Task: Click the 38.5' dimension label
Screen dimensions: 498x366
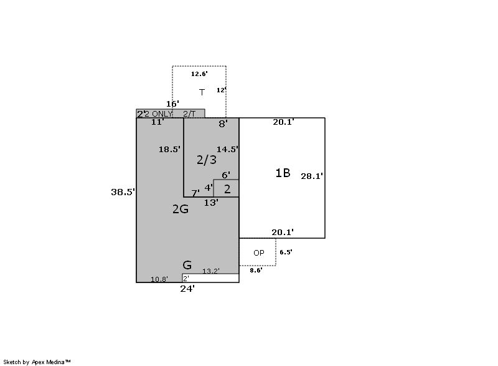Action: [x=123, y=192]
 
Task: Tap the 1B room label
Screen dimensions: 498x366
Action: [x=283, y=173]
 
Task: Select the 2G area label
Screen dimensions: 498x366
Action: [x=181, y=209]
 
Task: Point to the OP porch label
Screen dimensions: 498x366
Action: [x=259, y=253]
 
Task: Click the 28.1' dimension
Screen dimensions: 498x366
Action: [x=312, y=176]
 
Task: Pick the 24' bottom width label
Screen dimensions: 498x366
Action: [x=187, y=289]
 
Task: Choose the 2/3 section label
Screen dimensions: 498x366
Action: [x=207, y=160]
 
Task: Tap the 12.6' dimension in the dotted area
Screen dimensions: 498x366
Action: [x=199, y=74]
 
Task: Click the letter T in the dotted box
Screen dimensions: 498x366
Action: [x=202, y=92]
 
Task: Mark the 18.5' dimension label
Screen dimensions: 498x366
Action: [x=169, y=149]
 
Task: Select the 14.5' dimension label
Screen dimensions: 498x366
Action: [x=227, y=149]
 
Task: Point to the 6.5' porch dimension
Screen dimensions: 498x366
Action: [x=286, y=252]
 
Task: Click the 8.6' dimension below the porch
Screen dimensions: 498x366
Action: [x=256, y=270]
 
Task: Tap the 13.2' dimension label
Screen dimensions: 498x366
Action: [x=211, y=271]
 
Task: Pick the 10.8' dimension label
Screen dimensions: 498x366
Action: [x=159, y=279]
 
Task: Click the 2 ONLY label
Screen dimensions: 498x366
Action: [x=159, y=113]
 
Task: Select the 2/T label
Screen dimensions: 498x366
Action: [x=189, y=113]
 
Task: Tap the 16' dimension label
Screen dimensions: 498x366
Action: [x=172, y=104]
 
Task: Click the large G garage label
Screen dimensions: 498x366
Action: [x=187, y=265]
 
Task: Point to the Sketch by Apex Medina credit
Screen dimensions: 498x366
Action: [x=37, y=362]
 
